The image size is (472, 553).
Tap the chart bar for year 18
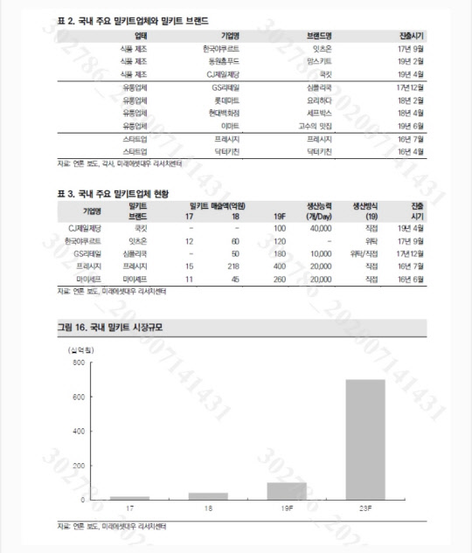(x=207, y=495)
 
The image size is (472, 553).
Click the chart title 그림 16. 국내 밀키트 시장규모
(x=110, y=328)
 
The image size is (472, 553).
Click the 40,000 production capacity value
(x=320, y=227)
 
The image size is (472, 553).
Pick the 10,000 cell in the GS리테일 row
(x=320, y=252)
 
